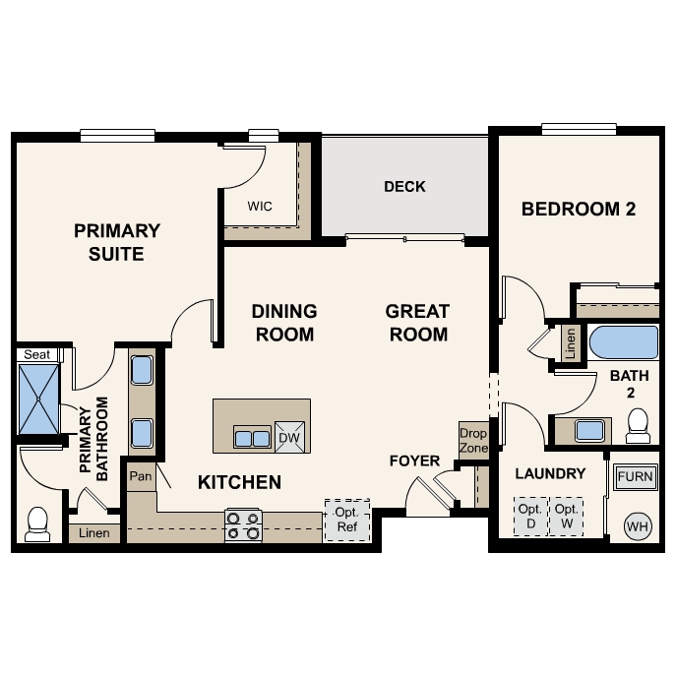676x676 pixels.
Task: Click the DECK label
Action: (404, 186)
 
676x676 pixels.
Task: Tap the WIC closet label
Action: (260, 206)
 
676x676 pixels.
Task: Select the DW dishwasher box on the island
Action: (289, 438)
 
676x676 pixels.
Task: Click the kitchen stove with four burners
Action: (243, 525)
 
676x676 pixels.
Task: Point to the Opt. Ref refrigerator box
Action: (346, 521)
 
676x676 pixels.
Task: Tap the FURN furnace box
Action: (635, 478)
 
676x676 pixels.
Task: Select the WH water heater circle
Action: (638, 526)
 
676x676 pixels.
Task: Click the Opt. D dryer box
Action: (530, 516)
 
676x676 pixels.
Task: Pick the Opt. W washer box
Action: (565, 516)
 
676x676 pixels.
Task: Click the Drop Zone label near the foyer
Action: (473, 440)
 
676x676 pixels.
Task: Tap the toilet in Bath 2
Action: (638, 425)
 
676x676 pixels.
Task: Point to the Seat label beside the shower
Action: (36, 354)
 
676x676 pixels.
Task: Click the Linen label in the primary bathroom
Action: (94, 533)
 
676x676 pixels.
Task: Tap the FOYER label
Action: (414, 461)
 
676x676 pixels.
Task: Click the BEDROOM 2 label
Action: (578, 209)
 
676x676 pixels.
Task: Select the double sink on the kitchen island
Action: (252, 437)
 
